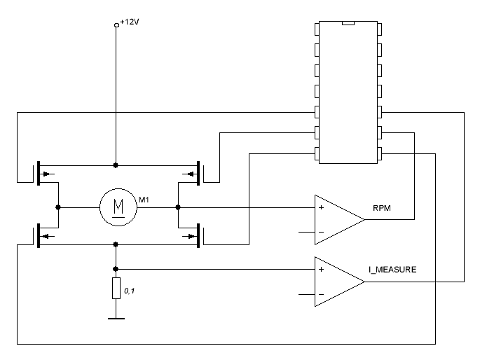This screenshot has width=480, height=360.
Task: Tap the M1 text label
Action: pos(144,201)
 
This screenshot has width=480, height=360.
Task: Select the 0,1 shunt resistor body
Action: pos(116,289)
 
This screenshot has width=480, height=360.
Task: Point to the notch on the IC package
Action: pos(348,24)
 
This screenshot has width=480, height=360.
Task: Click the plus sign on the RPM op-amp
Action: pos(321,208)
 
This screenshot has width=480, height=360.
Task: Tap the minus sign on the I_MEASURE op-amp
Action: pos(321,293)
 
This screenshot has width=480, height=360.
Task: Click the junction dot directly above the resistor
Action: pos(116,268)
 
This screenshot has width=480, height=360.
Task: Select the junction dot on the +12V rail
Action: pos(116,165)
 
